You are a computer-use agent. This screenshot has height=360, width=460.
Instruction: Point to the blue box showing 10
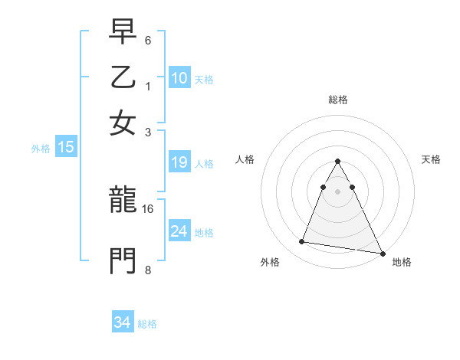tap(179, 78)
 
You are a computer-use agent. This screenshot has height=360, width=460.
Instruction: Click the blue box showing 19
tap(179, 162)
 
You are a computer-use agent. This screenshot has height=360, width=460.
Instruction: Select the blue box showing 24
tap(179, 231)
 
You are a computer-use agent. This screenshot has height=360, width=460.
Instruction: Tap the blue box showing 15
tap(66, 148)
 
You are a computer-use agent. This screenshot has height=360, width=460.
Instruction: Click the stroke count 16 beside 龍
tap(149, 208)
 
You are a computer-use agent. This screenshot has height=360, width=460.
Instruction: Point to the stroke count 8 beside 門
tap(148, 270)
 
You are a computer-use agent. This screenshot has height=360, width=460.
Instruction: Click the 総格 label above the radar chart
tap(337, 100)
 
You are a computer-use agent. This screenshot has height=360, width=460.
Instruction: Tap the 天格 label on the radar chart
tap(431, 159)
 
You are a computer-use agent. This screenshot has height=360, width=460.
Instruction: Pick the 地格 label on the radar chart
tap(402, 262)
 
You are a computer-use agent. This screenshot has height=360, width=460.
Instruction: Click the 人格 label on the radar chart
tap(245, 159)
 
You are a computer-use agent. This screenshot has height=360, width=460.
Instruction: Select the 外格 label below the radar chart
tap(270, 262)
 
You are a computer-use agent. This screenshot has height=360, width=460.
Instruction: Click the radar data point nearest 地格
tap(382, 253)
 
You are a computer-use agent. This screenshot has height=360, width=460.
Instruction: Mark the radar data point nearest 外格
tap(301, 242)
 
